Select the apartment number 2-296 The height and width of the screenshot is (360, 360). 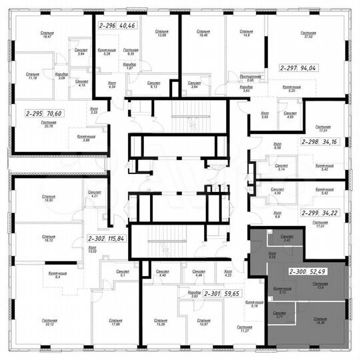[x=107, y=26]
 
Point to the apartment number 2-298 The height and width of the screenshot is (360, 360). [x=310, y=142]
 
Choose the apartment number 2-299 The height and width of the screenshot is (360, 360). [x=311, y=213]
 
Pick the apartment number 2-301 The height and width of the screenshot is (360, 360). [x=213, y=293]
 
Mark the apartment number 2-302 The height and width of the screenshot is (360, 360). [x=97, y=238]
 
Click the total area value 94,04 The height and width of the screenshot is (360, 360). [x=326, y=67]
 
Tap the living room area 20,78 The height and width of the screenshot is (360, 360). [x=49, y=127]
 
